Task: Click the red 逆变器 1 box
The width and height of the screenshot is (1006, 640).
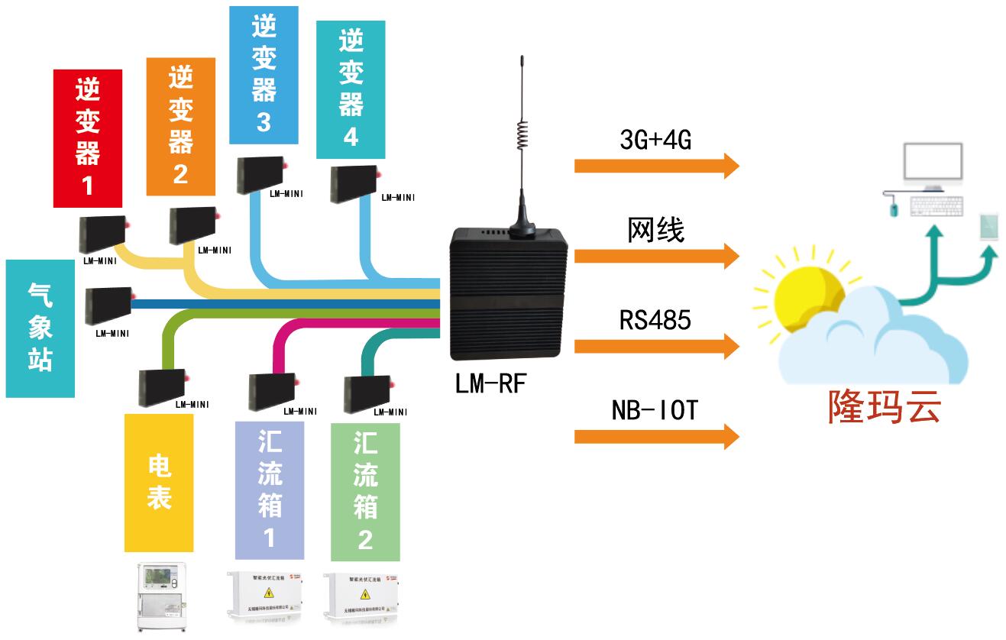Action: (88, 138)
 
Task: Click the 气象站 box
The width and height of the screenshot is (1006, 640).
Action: (40, 328)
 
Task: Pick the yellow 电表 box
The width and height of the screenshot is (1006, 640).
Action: (159, 483)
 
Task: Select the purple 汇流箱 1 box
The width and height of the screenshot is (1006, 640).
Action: (269, 490)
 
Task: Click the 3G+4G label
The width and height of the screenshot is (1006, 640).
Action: (655, 140)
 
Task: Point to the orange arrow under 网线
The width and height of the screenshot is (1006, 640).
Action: (656, 255)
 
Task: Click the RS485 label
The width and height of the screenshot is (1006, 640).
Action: (655, 319)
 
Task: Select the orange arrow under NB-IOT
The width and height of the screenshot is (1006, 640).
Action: (656, 437)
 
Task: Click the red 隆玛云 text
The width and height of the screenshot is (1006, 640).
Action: (885, 406)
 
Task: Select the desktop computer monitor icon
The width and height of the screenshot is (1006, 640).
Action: (931, 166)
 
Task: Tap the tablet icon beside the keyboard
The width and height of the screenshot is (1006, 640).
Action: (990, 228)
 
